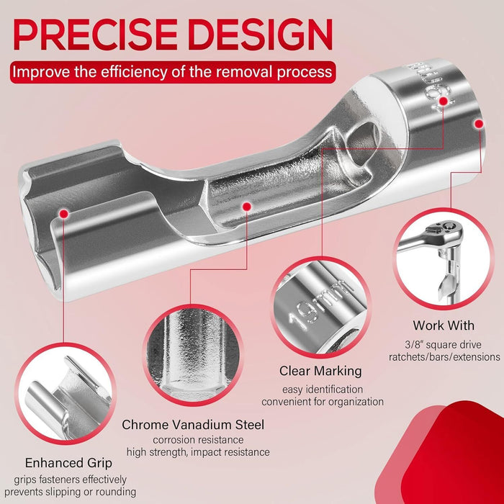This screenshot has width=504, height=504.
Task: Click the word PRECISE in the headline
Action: point(96,35)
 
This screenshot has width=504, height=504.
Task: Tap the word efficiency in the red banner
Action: point(135,71)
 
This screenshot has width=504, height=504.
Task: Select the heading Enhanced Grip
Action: point(68,463)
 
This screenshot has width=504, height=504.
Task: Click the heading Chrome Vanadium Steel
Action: point(193,425)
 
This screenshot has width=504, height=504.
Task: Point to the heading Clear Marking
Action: point(320,371)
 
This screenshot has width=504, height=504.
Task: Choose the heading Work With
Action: point(444,325)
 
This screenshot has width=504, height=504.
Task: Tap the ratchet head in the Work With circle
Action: point(446,232)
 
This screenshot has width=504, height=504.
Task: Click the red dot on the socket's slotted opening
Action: point(64,213)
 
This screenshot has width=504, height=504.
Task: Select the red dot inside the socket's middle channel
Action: point(246,207)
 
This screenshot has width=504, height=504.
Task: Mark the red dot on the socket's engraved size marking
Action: point(444,102)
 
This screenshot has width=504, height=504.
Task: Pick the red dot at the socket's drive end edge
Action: point(479,124)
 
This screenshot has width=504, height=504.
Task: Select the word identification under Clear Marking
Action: point(334,390)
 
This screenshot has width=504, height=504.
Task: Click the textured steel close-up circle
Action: point(192,355)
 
